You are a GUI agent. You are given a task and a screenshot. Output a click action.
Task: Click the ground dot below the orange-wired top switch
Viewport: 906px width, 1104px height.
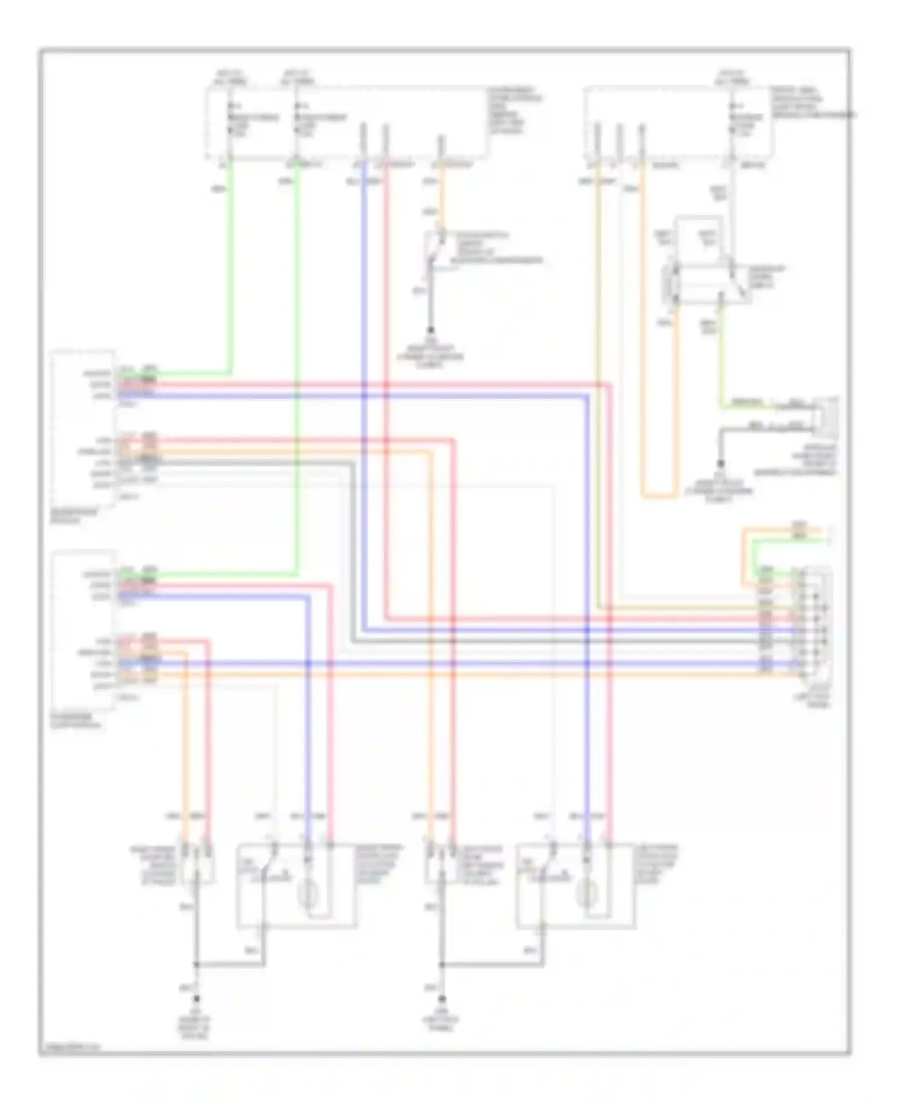431,330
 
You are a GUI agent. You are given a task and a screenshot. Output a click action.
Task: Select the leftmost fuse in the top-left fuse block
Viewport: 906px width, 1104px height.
230,118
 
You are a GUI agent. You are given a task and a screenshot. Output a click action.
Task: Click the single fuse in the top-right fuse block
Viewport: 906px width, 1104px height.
732,118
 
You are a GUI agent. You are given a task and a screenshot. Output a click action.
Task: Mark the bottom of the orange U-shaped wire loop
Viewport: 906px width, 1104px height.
658,497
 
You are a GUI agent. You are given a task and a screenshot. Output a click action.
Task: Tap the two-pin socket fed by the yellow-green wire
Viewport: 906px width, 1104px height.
825,416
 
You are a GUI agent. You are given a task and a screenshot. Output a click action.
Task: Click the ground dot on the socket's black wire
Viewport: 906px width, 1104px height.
720,464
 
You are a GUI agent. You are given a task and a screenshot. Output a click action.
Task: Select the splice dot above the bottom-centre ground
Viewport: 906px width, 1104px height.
442,964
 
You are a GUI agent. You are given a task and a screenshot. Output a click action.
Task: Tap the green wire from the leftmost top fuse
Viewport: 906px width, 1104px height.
230,272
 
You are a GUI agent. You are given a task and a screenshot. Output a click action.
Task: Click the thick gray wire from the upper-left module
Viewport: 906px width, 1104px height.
352,544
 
